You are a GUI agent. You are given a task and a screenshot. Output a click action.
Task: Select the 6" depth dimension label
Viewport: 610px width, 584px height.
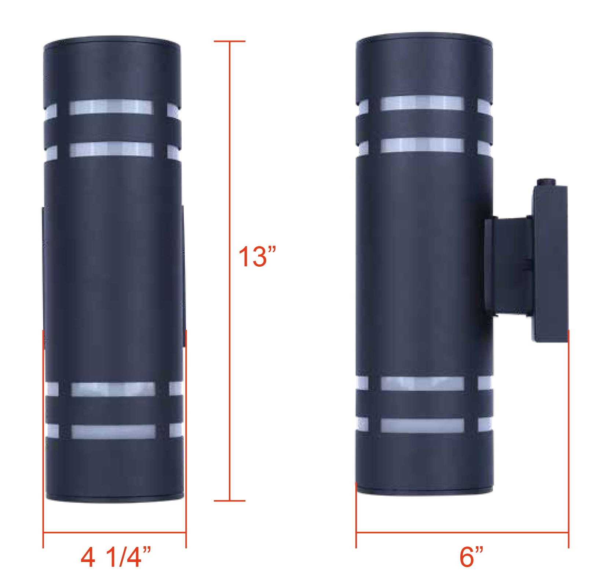click(471, 556)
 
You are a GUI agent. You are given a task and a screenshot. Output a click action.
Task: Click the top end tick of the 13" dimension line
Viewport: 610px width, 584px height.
click(230, 41)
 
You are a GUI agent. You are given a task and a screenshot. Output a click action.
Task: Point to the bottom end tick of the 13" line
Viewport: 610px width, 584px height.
click(230, 500)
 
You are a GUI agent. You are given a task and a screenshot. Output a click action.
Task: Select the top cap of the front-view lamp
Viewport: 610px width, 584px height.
click(112, 41)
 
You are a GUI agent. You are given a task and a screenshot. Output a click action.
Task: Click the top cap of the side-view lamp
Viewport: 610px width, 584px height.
click(424, 38)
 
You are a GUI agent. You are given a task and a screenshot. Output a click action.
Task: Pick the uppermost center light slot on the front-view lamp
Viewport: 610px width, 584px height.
click(111, 107)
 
